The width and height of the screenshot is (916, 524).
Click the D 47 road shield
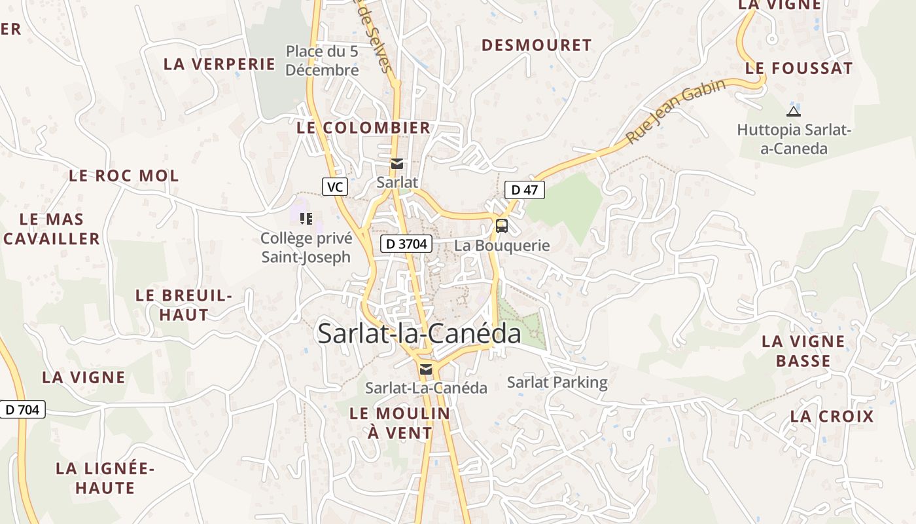(524, 190)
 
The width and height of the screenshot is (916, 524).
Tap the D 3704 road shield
(406, 244)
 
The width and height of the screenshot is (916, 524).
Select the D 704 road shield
(22, 409)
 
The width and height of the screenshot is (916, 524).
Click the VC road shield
(334, 187)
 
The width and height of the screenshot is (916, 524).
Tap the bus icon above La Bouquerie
(502, 226)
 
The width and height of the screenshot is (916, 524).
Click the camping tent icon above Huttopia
(793, 111)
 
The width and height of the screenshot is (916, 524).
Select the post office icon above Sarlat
(396, 164)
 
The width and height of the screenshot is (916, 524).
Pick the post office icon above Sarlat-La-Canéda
(426, 369)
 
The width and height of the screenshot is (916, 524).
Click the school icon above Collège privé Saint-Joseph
(306, 218)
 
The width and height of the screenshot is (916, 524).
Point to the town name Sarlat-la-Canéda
(419, 333)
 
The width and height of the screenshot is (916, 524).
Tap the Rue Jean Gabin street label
(676, 112)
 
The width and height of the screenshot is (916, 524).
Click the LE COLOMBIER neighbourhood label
(364, 128)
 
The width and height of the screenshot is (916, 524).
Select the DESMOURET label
(537, 45)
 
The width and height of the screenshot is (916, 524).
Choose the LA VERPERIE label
(220, 64)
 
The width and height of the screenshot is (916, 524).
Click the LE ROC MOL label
(124, 176)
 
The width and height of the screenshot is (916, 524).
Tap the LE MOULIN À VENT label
(400, 423)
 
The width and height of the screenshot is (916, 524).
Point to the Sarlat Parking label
(557, 382)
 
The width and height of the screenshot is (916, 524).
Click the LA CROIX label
(832, 417)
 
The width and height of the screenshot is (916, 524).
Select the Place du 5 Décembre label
(323, 60)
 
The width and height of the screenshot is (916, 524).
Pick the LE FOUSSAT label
(799, 68)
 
